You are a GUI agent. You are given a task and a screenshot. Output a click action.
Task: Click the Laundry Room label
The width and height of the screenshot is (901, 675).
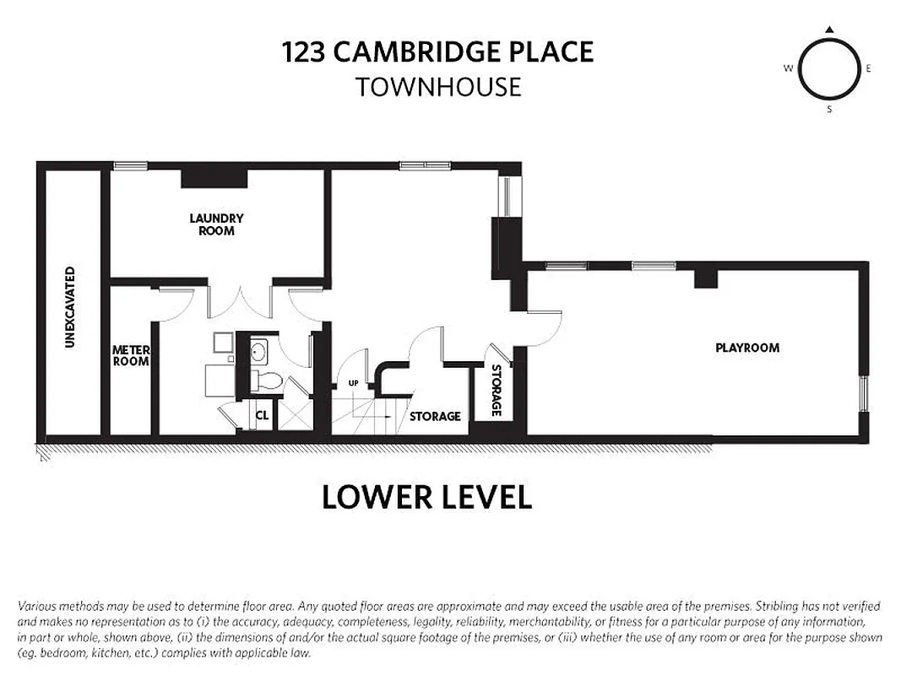pyautogui.click(x=216, y=224)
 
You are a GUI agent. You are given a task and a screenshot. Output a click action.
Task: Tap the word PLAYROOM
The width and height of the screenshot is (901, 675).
pyautogui.click(x=747, y=348)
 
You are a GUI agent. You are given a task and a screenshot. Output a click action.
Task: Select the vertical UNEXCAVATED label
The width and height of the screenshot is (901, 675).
pyautogui.click(x=71, y=307)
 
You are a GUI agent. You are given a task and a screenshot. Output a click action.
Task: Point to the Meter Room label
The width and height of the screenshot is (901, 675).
pyautogui.click(x=131, y=355)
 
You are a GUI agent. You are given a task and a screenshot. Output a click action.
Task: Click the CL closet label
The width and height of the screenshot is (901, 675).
pyautogui.click(x=262, y=415)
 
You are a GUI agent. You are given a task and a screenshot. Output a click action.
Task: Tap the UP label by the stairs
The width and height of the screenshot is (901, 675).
pyautogui.click(x=354, y=385)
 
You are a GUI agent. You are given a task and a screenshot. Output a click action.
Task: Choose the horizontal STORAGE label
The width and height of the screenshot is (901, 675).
pyautogui.click(x=435, y=416)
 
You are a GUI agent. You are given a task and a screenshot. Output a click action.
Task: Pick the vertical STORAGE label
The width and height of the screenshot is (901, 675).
pyautogui.click(x=497, y=390)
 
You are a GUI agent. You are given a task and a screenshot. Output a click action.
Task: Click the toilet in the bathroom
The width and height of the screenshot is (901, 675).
pyautogui.click(x=266, y=379)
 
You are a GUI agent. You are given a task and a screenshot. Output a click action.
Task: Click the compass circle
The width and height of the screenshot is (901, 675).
pyautogui.click(x=828, y=68)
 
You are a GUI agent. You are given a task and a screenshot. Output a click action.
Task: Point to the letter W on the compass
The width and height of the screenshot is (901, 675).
pyautogui.click(x=788, y=68)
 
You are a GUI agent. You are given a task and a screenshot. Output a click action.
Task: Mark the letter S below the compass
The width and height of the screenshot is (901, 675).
pyautogui.click(x=829, y=109)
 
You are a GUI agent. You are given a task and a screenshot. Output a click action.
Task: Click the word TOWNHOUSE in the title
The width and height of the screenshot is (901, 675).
pyautogui.click(x=437, y=87)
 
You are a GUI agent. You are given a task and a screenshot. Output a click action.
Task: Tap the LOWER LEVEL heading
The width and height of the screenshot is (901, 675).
pyautogui.click(x=426, y=497)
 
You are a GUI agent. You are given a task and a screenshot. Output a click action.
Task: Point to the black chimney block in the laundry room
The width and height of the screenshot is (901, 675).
pyautogui.click(x=213, y=177)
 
